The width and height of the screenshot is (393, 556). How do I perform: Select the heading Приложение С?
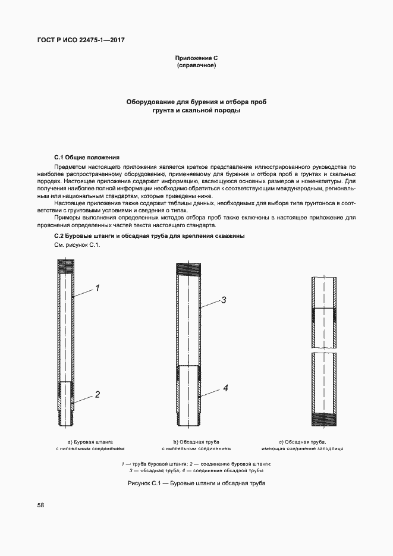click(196, 58)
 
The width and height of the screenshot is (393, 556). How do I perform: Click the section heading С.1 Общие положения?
click(87, 157)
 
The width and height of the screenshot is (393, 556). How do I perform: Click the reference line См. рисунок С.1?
click(74, 245)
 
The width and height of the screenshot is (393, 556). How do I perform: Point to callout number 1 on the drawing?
click(97, 288)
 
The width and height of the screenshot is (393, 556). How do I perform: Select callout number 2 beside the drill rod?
click(97, 394)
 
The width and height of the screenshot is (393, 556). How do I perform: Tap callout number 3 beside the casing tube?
click(224, 300)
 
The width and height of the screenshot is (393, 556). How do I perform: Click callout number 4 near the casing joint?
click(226, 388)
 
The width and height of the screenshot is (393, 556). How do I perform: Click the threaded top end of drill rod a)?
click(65, 266)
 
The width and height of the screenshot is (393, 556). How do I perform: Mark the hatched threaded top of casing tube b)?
click(188, 269)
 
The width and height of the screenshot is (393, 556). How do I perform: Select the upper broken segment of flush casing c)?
click(325, 312)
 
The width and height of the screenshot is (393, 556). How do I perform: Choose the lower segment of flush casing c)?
click(325, 389)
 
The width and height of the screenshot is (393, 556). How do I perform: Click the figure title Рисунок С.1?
click(196, 483)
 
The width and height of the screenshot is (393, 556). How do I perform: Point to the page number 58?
click(40, 505)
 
